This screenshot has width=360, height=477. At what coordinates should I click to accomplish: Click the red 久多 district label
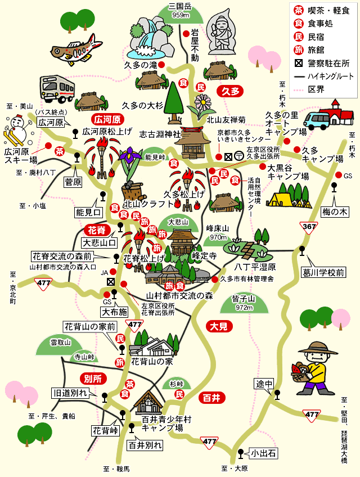point(231,91)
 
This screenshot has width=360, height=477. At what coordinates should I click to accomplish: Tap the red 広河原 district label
point(107,119)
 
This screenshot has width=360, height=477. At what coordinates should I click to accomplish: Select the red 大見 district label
point(218,326)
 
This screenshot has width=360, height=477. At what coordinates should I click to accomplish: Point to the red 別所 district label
point(93,378)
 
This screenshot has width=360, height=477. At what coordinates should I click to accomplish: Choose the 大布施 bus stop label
point(115,311)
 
